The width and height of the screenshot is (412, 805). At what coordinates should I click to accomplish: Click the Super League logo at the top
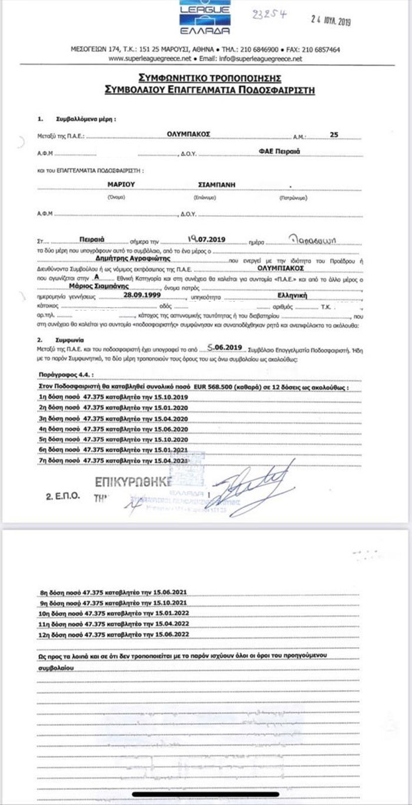[x=204, y=17]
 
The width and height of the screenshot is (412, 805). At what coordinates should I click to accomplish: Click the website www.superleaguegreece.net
[x=150, y=59]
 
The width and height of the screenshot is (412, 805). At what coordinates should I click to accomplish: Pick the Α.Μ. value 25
[x=334, y=135]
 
